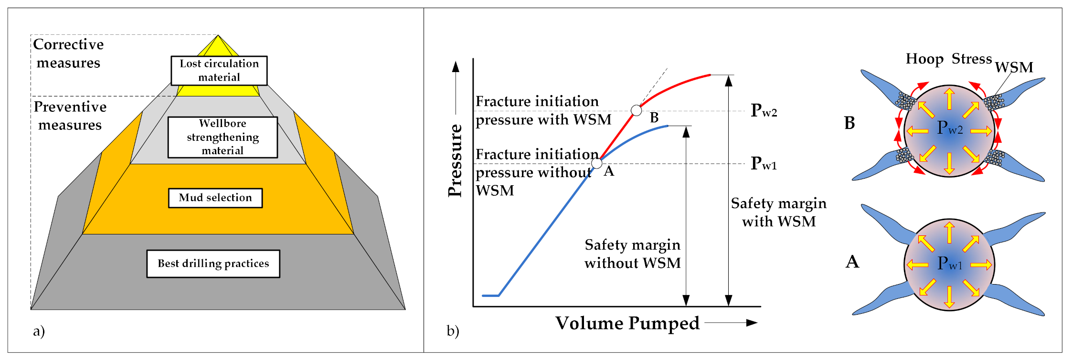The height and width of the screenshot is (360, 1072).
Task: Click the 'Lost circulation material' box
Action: pos(219,71)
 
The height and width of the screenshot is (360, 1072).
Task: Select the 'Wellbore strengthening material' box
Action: pos(223,137)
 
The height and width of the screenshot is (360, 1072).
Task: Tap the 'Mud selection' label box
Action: pos(215,198)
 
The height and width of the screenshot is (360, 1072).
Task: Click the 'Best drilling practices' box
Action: pos(213,264)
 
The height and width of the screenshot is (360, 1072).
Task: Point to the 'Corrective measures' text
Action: pos(68,53)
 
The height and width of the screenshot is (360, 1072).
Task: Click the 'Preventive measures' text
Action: pos(70,116)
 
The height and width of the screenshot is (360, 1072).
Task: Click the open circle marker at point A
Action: pos(596,163)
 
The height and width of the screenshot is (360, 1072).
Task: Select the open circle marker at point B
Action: pos(636,110)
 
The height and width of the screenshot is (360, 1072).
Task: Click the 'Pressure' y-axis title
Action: pos(456,160)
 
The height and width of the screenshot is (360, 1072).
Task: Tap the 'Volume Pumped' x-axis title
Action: pos(627,323)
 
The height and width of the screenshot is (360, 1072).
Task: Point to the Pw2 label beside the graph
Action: pos(764,111)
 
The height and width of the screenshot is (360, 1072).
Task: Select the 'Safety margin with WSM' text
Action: pos(778,212)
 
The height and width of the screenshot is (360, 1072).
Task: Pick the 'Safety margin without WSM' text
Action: pos(632,254)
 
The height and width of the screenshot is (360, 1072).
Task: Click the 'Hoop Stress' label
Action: pos(948,59)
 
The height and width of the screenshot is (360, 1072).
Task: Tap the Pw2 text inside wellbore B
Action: pos(950,128)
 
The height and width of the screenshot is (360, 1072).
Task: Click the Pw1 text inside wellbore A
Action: pos(950,263)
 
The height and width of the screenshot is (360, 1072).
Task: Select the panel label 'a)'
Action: pos(39,331)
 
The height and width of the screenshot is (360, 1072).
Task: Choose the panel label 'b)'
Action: pos(453,331)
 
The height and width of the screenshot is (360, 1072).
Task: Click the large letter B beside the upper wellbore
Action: pos(849,123)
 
